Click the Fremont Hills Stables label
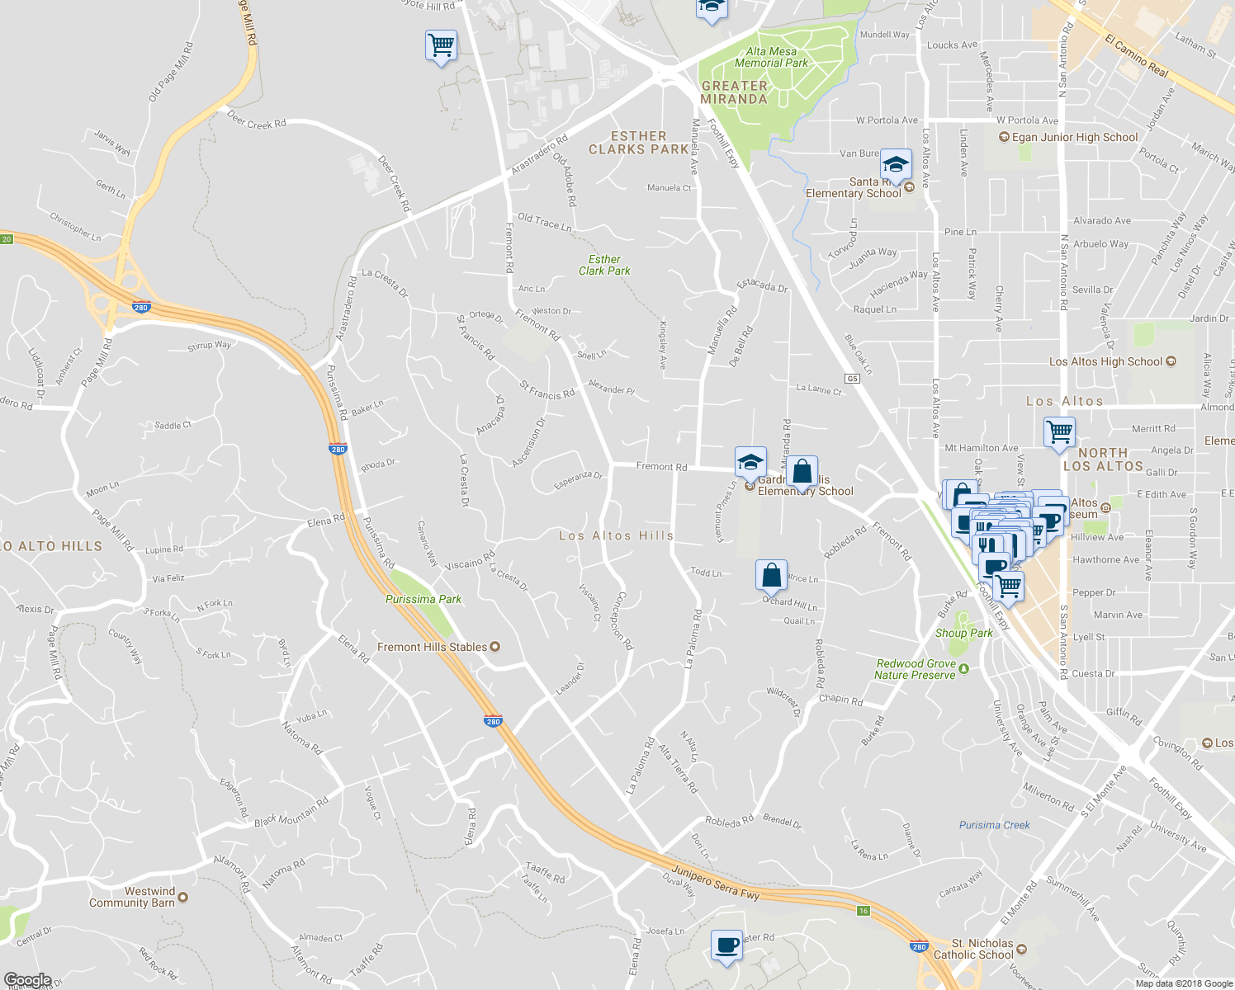click(x=432, y=647)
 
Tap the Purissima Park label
click(x=423, y=599)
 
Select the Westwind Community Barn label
click(x=132, y=897)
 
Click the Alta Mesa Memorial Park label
click(x=771, y=57)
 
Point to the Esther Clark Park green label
click(x=604, y=265)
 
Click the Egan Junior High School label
click(x=1075, y=137)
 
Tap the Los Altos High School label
click(x=1105, y=361)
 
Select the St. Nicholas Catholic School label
click(x=982, y=949)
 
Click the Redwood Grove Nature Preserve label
click(x=916, y=669)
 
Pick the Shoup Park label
click(x=964, y=633)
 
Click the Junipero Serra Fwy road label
click(x=715, y=882)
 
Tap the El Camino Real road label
click(x=1137, y=57)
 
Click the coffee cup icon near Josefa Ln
click(x=726, y=945)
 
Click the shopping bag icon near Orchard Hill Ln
click(x=771, y=574)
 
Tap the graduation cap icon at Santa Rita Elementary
click(x=896, y=163)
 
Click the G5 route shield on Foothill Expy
click(x=853, y=379)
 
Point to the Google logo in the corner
click(x=27, y=980)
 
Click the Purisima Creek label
click(x=995, y=825)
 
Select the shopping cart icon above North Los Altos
click(x=1059, y=431)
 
